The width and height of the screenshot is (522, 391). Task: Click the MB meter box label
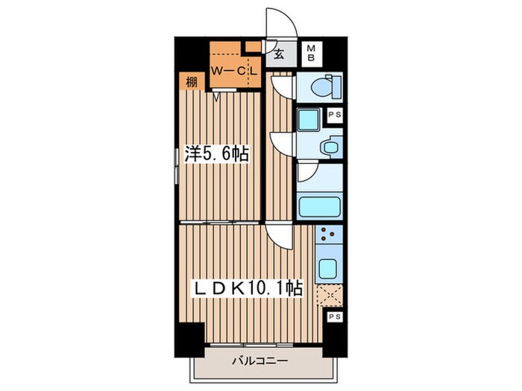pos(311,53)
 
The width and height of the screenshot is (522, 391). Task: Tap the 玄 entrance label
pos(279,54)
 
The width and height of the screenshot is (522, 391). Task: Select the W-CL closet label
pos(234,71)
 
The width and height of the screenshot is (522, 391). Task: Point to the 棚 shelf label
pos(191,82)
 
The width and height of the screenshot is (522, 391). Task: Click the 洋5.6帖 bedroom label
pos(217,153)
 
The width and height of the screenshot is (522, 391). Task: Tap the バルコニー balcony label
pos(260,360)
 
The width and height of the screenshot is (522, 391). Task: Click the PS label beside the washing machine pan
pos(335,115)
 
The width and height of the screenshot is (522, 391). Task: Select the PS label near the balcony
pos(335,317)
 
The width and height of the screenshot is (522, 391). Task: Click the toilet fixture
pos(327,87)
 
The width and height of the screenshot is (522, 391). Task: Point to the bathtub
pos(320,206)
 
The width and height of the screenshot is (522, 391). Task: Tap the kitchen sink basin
pos(327,268)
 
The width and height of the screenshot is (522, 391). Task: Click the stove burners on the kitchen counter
pos(328,234)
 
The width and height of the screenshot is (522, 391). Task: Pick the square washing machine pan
pos(308,120)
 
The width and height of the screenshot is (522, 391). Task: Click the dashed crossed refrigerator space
pos(330,295)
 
